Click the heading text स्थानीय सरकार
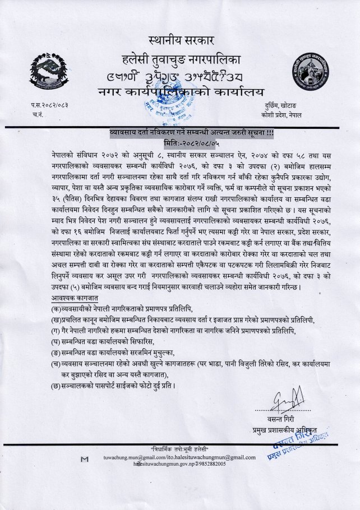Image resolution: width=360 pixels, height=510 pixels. (182, 40)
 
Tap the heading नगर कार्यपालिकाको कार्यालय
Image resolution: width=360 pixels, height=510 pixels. (181, 91)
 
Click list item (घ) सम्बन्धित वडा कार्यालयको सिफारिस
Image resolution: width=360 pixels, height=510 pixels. (101, 341)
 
